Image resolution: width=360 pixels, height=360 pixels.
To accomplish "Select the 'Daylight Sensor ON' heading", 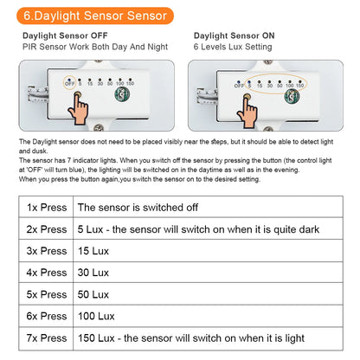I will pyautogui.click(x=234, y=36).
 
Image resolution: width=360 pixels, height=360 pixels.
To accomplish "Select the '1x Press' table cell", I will pyautogui.click(x=46, y=208).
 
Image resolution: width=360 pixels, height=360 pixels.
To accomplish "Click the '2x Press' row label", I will pyautogui.click(x=46, y=229).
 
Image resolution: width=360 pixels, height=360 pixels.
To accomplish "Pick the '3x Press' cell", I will pyautogui.click(x=46, y=251).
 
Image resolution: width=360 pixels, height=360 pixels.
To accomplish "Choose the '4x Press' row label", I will pyautogui.click(x=46, y=273).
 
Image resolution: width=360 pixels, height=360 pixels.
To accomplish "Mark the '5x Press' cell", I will pyautogui.click(x=46, y=294).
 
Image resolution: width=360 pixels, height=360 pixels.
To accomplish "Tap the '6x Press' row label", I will pyautogui.click(x=46, y=316).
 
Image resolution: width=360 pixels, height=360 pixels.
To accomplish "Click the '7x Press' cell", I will pyautogui.click(x=46, y=337).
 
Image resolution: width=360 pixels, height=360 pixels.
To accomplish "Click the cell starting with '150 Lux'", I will pyautogui.click(x=190, y=337).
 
